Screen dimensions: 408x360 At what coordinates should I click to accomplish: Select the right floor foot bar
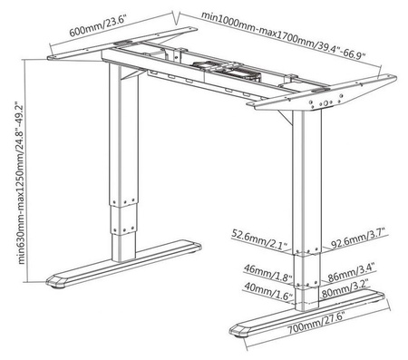click(313, 313)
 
